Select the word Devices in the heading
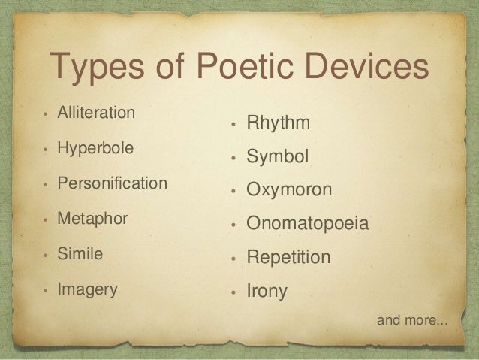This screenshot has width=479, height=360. tap(372, 71)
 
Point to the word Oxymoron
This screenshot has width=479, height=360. tap(289, 190)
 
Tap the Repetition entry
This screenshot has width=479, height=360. tap(289, 257)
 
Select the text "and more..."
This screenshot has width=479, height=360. tap(411, 322)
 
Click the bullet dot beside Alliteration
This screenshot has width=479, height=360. tap(47, 115)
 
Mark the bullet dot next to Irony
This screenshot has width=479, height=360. tap(235, 292)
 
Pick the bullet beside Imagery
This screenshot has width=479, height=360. tap(47, 290)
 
